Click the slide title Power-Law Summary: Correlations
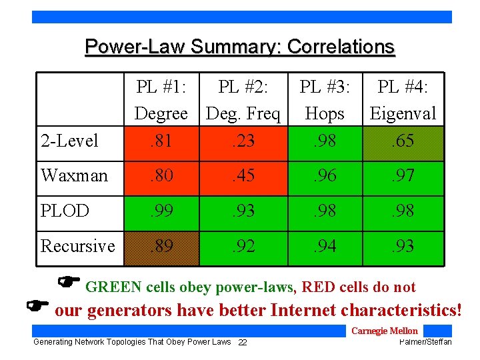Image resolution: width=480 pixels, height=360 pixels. pyautogui.click(x=240, y=47)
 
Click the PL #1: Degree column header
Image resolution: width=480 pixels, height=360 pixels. pyautogui.click(x=161, y=100)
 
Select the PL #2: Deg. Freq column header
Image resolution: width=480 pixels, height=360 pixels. pyautogui.click(x=243, y=100)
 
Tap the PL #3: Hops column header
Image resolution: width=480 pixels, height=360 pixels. pyautogui.click(x=324, y=100)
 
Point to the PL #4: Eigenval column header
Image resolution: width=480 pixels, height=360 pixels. pyautogui.click(x=403, y=100)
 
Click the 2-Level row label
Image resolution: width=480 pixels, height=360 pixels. pyautogui.click(x=69, y=141)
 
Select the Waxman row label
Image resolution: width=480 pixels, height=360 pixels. pyautogui.click(x=74, y=176)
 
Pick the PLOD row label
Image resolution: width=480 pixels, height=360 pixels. pyautogui.click(x=65, y=211)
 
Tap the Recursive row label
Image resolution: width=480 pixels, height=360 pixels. pyautogui.click(x=78, y=246)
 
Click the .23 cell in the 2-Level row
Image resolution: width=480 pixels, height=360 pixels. pyautogui.click(x=243, y=141)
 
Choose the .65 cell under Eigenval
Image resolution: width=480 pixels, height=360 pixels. pyautogui.click(x=403, y=141)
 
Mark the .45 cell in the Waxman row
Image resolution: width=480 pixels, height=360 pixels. pyautogui.click(x=243, y=176)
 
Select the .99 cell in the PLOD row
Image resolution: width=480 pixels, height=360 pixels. pyautogui.click(x=161, y=211)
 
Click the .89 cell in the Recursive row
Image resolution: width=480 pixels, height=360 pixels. pyautogui.click(x=161, y=246)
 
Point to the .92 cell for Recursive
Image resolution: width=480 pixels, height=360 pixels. pyautogui.click(x=243, y=246)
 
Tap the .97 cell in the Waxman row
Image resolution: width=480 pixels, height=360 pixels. pyautogui.click(x=403, y=176)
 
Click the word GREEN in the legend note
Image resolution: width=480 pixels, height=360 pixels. pyautogui.click(x=113, y=287)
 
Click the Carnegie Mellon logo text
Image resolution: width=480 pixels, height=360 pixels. pyautogui.click(x=384, y=331)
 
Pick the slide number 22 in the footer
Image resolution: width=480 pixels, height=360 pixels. pyautogui.click(x=243, y=342)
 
